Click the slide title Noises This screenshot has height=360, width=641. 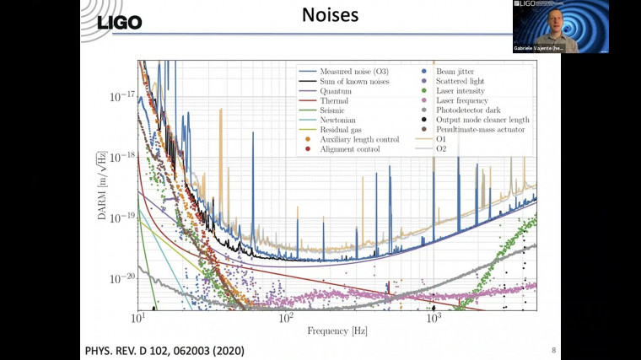(320, 15)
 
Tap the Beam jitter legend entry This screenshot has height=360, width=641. (455, 71)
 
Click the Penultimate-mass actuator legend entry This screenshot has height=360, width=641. (476, 129)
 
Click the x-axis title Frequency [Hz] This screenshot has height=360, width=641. (337, 330)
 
